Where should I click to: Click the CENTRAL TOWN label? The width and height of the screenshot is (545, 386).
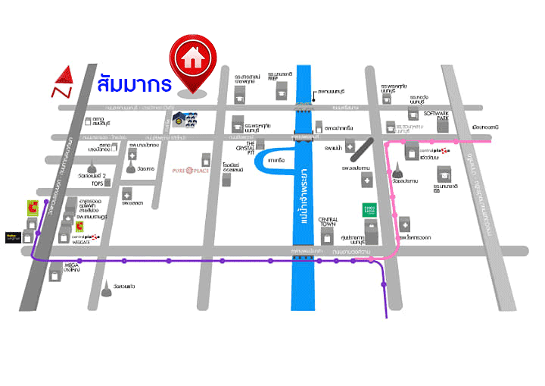point(327,221)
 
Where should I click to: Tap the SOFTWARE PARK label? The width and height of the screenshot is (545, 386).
point(437,117)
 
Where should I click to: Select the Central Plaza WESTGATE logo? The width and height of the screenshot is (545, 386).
point(84,240)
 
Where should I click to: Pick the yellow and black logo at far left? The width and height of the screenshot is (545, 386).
point(14,237)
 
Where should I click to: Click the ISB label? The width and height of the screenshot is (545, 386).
point(438,190)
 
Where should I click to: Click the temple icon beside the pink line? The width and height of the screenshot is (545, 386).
point(400,175)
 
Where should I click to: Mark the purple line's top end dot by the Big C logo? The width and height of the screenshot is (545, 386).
point(46,202)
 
